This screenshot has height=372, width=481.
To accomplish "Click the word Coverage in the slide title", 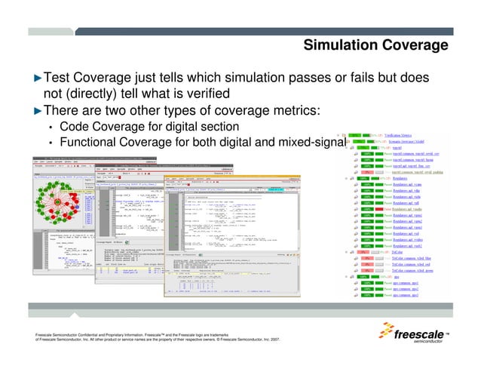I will coord(416,46).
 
